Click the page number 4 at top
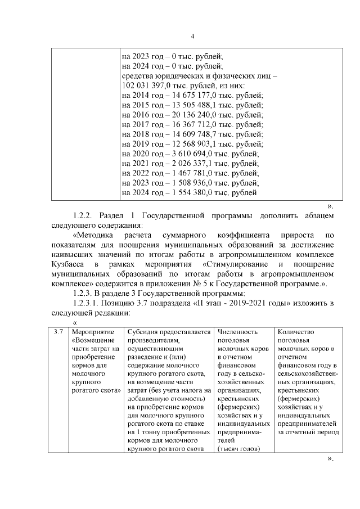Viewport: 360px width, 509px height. click(192, 37)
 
